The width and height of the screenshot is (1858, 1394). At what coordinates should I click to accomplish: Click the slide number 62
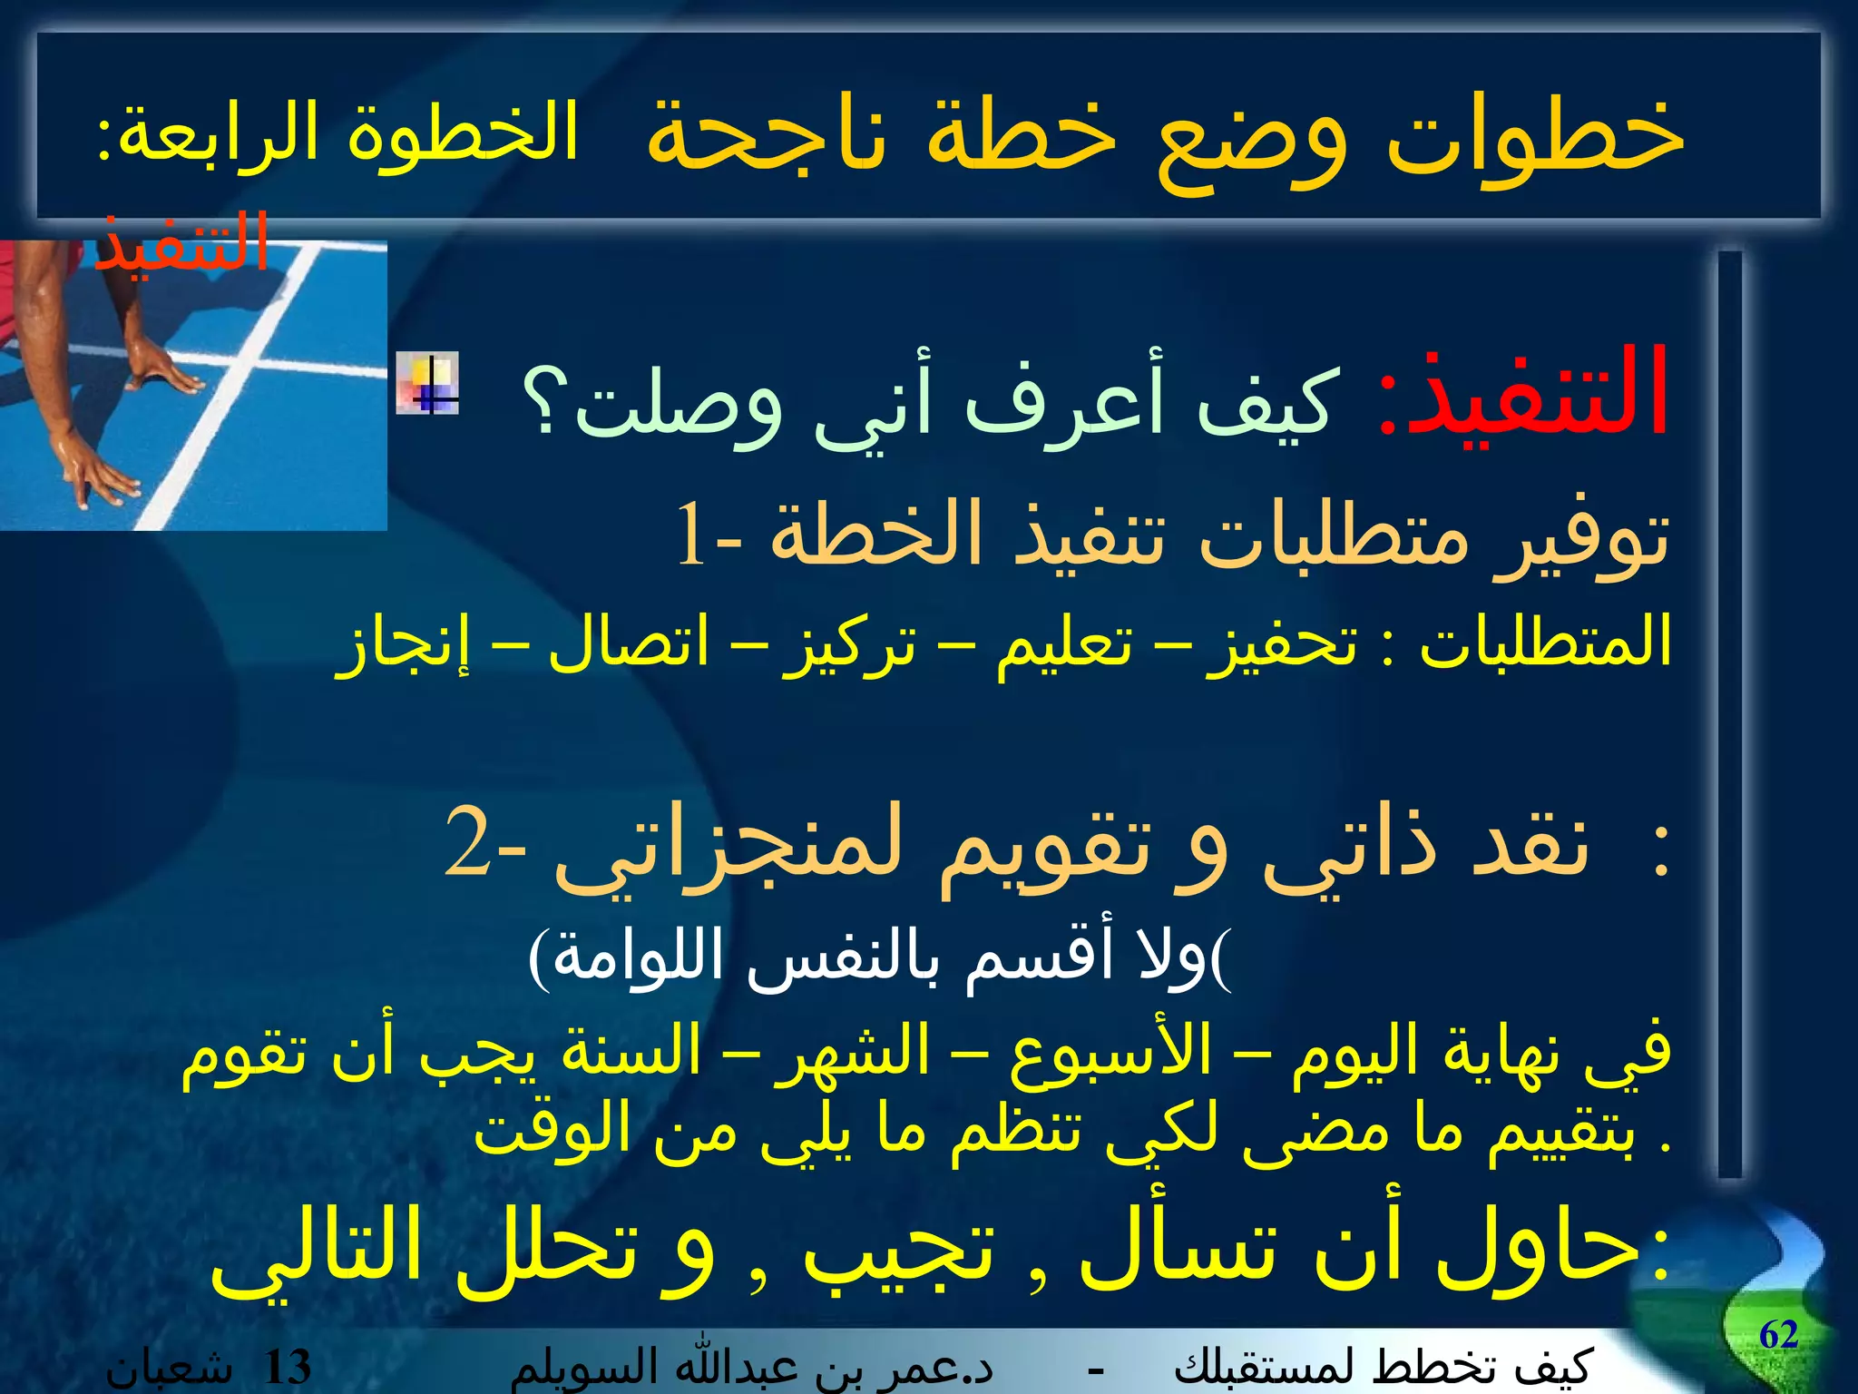point(1778,1335)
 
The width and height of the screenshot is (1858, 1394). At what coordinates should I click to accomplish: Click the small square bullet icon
point(427,383)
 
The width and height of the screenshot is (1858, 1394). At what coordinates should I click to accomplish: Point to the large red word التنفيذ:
point(1524,395)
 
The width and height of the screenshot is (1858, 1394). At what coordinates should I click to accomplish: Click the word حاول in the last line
point(1542,1248)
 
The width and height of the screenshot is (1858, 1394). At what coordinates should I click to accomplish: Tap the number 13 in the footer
point(286,1367)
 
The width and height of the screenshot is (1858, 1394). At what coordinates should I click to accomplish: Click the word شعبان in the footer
point(168,1369)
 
